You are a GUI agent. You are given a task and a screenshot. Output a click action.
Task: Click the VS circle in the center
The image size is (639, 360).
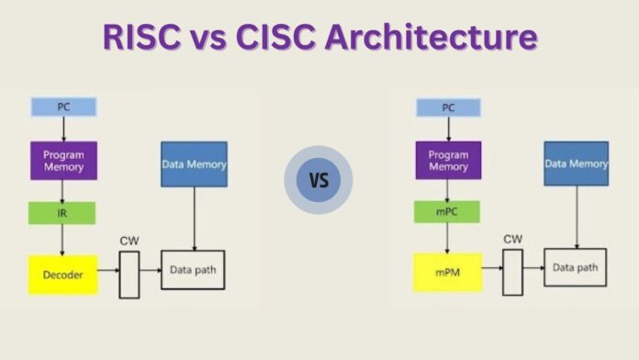pyautogui.click(x=319, y=179)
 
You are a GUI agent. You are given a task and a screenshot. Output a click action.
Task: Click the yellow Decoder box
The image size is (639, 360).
pyautogui.click(x=62, y=275)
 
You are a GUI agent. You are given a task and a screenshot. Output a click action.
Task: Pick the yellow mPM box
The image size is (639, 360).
pyautogui.click(x=446, y=273)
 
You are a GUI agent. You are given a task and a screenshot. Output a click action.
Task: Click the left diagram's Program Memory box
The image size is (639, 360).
pyautogui.click(x=62, y=160)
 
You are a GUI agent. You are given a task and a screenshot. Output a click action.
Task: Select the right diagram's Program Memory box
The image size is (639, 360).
pyautogui.click(x=447, y=160)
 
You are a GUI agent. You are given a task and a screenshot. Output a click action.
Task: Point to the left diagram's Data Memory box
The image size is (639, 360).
pyautogui.click(x=194, y=164)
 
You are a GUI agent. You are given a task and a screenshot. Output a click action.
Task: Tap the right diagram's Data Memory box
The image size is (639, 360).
pyautogui.click(x=576, y=164)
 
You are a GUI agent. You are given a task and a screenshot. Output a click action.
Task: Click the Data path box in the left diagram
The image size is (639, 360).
pyautogui.click(x=193, y=270)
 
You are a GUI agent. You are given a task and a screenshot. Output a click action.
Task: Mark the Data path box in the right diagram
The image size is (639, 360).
pyautogui.click(x=576, y=268)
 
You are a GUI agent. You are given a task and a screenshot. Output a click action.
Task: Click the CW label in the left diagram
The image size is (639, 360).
pyautogui.click(x=129, y=241)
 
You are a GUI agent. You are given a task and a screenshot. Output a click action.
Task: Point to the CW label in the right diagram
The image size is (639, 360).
pyautogui.click(x=512, y=240)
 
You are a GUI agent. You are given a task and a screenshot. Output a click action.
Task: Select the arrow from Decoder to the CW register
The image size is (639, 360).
pyautogui.click(x=108, y=272)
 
